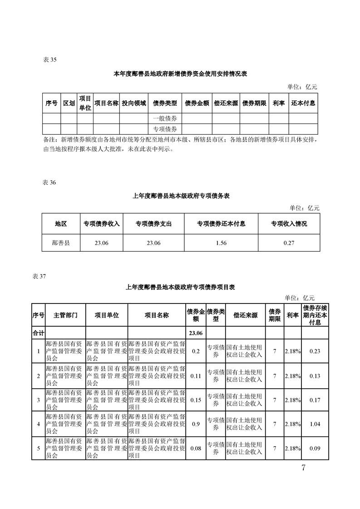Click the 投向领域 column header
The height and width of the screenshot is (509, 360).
point(134,103)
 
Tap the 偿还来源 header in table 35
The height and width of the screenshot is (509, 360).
point(226,103)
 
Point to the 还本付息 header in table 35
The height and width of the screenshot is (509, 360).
point(303,103)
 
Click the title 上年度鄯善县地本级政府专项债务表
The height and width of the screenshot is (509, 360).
point(181,196)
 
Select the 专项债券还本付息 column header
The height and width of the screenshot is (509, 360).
point(221,224)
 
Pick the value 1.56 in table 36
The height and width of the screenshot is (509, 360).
point(221,243)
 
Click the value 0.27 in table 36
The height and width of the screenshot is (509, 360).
point(289,243)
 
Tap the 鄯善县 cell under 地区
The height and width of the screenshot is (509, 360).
point(61,243)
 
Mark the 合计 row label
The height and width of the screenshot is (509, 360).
point(38,333)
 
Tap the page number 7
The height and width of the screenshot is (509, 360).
point(303,468)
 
